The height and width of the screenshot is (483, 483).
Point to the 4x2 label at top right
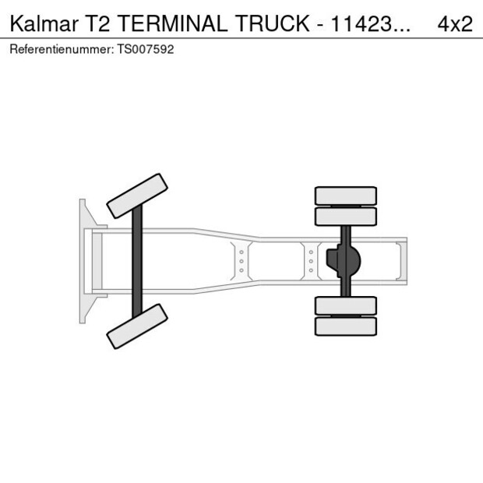[455, 23]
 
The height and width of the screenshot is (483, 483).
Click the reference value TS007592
[147, 49]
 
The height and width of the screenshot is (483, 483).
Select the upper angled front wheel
[138, 196]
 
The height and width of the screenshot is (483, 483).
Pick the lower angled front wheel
[138, 326]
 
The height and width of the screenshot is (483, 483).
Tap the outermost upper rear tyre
[345, 195]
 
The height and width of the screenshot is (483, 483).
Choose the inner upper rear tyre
[345, 216]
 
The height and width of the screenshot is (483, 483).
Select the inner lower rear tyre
[345, 305]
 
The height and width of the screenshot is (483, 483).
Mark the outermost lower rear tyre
[345, 326]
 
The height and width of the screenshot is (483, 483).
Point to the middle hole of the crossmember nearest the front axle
[241, 261]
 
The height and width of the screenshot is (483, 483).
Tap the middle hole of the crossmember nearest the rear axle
[311, 261]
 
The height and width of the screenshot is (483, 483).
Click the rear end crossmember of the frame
[402, 261]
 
